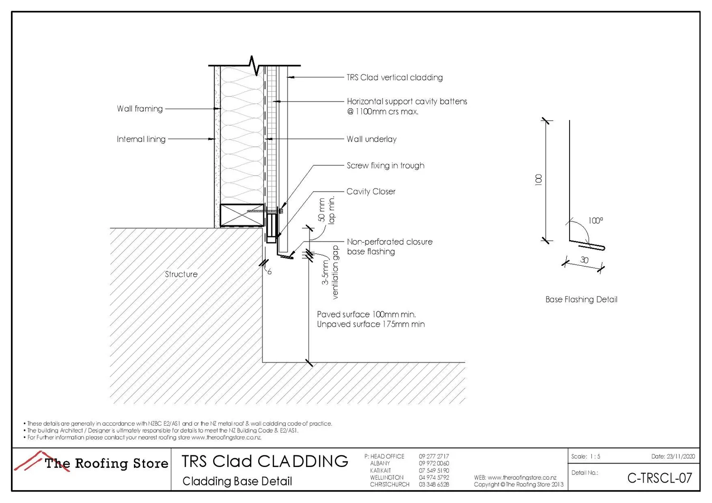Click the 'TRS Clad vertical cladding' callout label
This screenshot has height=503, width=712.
394,77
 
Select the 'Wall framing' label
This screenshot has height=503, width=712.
140,109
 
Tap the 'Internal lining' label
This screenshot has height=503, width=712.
141,139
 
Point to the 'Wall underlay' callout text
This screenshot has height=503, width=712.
371,139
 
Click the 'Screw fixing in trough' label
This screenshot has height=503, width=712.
385,166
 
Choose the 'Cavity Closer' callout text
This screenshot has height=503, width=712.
371,192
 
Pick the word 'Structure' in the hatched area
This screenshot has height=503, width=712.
181,274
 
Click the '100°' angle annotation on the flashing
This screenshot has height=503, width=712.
595,221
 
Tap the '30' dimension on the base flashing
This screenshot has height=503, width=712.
584,260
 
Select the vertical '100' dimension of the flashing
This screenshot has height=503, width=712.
538,180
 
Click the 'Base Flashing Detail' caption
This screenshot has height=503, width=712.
581,299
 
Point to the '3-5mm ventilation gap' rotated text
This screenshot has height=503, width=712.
330,272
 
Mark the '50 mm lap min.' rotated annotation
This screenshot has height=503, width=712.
327,210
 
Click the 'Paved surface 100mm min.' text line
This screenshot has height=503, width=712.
366,315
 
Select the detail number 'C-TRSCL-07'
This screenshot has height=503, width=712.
659,478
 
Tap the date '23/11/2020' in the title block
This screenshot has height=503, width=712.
680,456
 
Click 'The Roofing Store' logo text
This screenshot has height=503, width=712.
106,463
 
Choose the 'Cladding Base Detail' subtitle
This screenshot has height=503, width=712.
237,481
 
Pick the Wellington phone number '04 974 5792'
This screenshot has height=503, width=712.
433,477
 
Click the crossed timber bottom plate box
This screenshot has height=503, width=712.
242,215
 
